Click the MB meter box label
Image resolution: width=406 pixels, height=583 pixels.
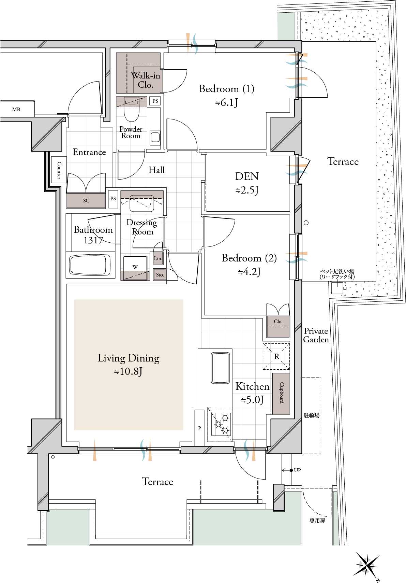point(16,110)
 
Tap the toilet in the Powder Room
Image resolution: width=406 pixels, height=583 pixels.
point(132,109)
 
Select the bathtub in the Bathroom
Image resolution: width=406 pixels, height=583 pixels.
point(88,265)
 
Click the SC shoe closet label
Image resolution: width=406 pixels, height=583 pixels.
point(86,200)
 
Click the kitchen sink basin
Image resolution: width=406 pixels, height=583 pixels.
point(221,368)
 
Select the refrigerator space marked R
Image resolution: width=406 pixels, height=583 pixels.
point(276,356)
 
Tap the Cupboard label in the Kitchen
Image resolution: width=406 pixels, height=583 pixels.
point(282,393)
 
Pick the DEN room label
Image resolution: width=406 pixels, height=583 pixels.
point(247,176)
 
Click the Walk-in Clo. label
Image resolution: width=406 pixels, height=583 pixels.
point(146,80)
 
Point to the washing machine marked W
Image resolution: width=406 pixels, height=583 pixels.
point(135,267)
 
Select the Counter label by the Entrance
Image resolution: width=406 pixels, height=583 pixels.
point(59,170)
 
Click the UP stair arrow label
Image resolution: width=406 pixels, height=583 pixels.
point(297,470)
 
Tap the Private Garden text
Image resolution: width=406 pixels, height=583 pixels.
point(316,335)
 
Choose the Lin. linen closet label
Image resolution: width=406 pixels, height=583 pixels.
point(158,258)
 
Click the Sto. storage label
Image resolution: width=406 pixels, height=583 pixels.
point(160,275)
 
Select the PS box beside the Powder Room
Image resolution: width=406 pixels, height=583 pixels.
point(155,101)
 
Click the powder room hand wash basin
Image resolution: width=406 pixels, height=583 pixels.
point(155,137)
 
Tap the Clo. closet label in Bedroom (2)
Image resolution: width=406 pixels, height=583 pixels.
point(278,322)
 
